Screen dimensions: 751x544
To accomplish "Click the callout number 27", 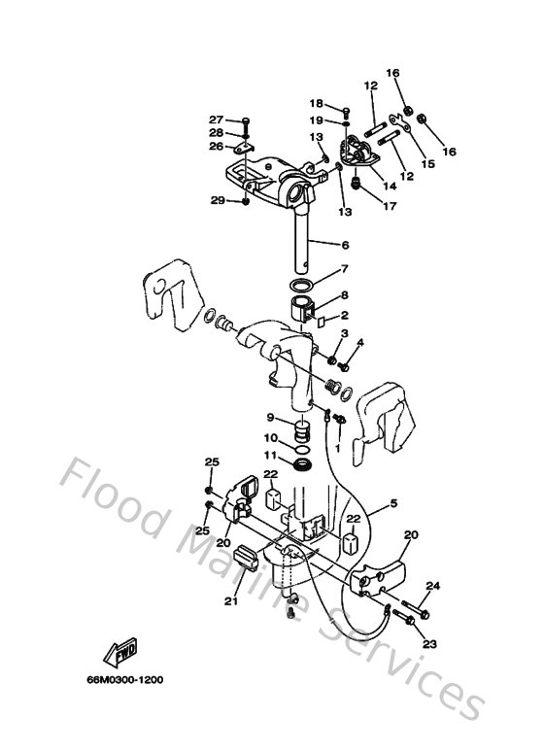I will coord(216,119).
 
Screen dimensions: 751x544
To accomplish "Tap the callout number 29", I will coord(217,200).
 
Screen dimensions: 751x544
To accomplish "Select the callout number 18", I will coord(317,104).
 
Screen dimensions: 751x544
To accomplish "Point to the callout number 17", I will coord(389,205).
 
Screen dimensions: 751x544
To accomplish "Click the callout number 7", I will coord(344,269).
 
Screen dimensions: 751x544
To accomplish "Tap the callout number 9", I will coord(271,418).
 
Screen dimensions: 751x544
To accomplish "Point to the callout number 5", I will coord(393,503).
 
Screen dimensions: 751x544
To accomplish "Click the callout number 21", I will coord(230,601).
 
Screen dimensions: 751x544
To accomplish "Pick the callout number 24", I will coord(432,586).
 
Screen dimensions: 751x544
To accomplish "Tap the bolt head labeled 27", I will coord(244,120).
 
